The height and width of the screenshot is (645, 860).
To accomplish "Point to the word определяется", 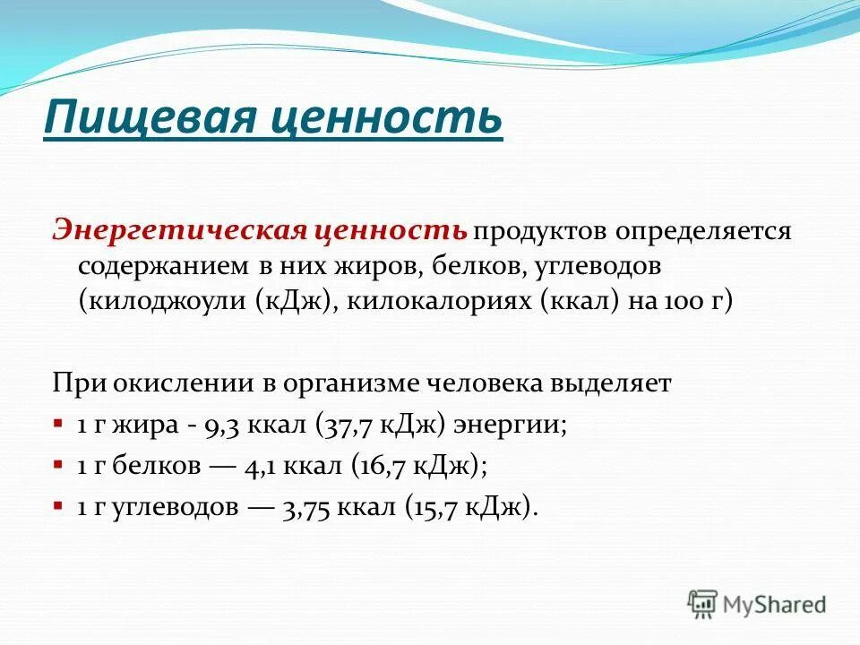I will point(702,232).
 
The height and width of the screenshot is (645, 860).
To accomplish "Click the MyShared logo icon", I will point(704,604).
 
